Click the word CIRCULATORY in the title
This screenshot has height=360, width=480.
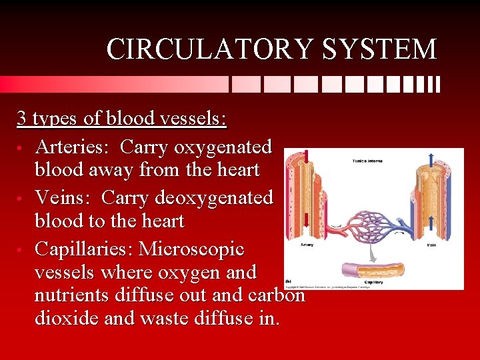click(x=199, y=50)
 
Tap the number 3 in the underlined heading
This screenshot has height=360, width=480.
click(x=22, y=119)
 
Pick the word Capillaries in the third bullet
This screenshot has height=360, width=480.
click(x=84, y=249)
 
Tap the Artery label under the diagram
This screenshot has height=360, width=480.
click(x=307, y=245)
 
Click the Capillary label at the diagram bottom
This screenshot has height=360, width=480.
click(x=373, y=282)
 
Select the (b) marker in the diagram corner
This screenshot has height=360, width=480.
click(x=289, y=281)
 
